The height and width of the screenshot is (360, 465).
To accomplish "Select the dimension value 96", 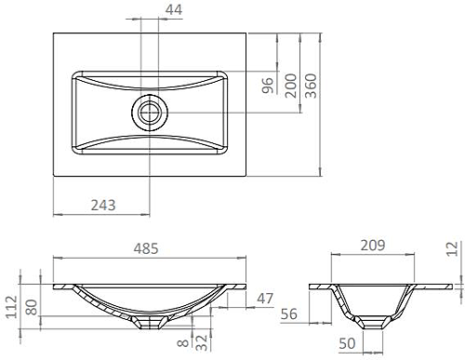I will (267, 86).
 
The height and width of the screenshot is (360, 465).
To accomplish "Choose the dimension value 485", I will (148, 248).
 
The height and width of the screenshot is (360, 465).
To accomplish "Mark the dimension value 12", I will (453, 248).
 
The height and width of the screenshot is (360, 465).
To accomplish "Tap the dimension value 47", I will (265, 299).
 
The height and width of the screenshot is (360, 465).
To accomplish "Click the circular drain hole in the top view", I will (150, 112).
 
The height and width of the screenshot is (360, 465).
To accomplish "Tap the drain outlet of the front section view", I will (150, 322).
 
